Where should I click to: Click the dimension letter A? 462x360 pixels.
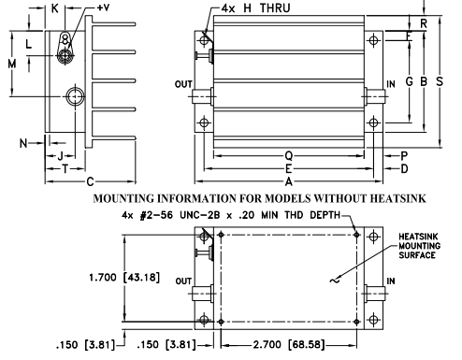click(x=289, y=181)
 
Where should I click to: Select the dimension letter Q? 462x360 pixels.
click(x=289, y=155)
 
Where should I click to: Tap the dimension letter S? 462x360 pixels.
click(x=440, y=81)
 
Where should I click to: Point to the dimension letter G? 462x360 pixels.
click(x=410, y=81)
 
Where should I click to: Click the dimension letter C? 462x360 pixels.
click(x=90, y=181)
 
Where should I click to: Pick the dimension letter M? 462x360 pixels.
click(x=12, y=65)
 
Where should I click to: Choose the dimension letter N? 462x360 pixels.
click(x=23, y=143)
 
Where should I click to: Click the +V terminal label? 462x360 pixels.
click(x=103, y=7)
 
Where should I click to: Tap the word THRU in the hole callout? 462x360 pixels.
click(x=275, y=8)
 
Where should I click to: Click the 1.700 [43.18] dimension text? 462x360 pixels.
click(x=124, y=277)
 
